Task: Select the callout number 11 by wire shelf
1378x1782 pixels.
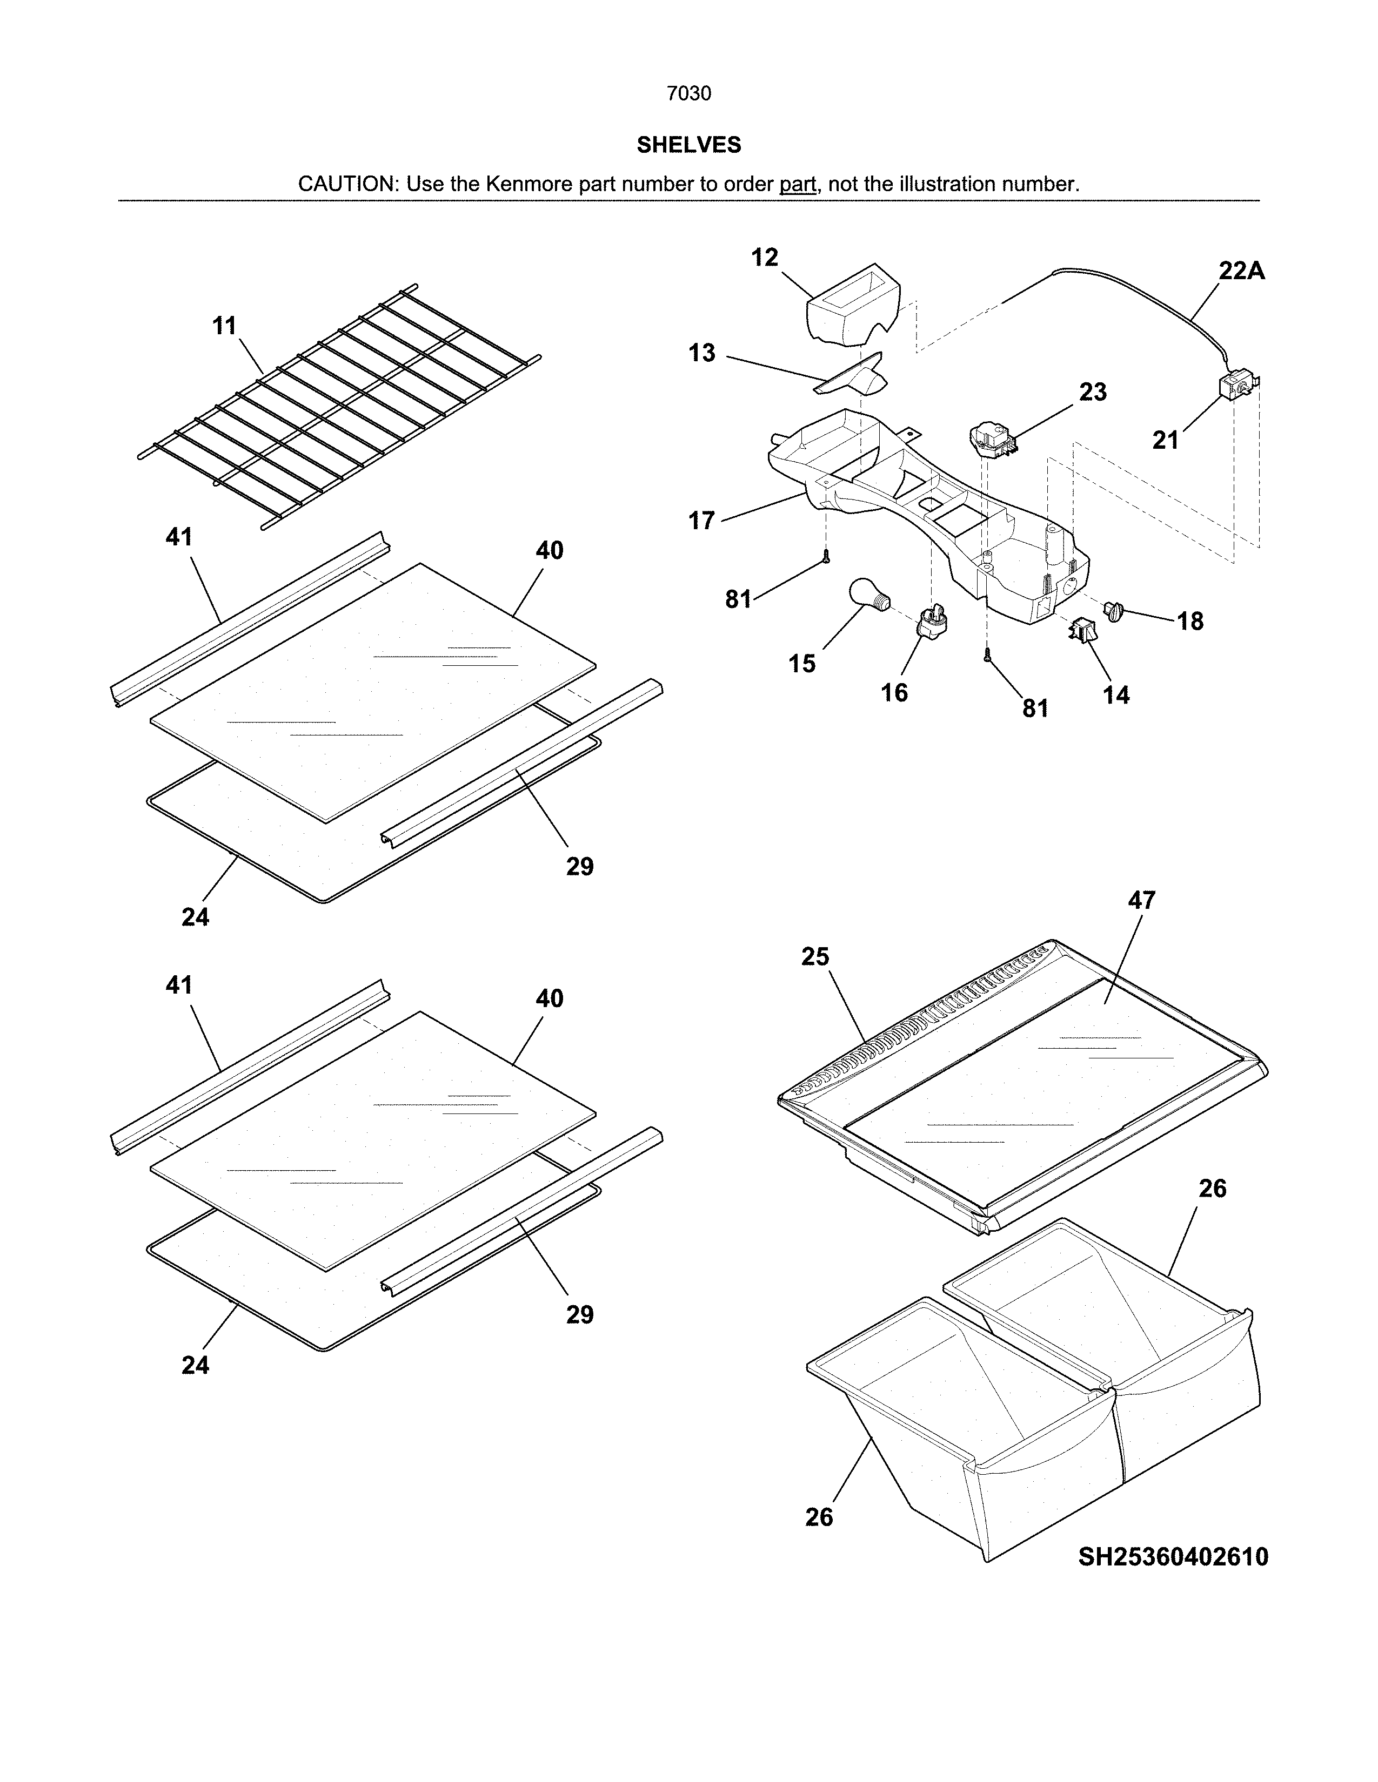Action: (224, 326)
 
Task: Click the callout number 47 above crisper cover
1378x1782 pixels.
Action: (1141, 900)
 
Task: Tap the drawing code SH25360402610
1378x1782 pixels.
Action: (1173, 1557)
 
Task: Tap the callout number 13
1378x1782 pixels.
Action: (701, 353)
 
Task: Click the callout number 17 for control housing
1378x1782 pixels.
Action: (701, 521)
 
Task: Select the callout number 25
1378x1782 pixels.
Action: (815, 956)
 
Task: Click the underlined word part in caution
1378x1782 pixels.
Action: (798, 184)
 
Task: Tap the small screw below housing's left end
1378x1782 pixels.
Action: (826, 556)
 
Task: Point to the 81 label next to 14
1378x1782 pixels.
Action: (1035, 708)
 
